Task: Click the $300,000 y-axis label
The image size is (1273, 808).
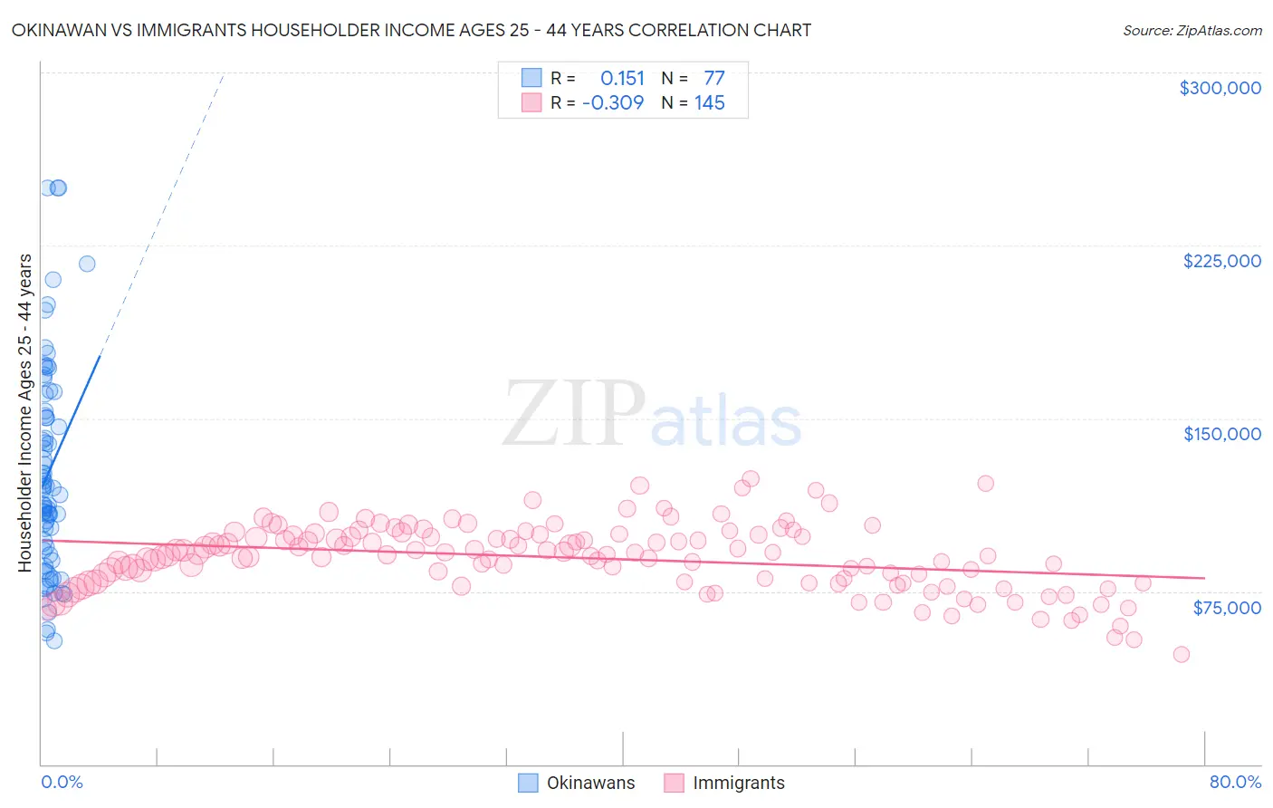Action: point(1220,88)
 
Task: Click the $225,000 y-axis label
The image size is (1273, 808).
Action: point(1221,261)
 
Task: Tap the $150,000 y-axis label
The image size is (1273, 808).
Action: point(1221,434)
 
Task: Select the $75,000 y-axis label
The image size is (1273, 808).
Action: point(1226,608)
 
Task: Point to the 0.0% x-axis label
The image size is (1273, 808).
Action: point(62,782)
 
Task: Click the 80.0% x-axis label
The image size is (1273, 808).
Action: point(1235,782)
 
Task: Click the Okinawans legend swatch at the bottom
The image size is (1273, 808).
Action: point(528,783)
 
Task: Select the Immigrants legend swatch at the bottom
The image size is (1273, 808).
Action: point(674,783)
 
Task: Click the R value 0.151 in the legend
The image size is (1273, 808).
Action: point(622,79)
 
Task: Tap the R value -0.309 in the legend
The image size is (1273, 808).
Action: point(613,103)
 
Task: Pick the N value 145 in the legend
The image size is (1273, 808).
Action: point(709,103)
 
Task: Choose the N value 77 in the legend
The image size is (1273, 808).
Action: point(713,79)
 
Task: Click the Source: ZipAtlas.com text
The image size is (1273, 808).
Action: point(1192,31)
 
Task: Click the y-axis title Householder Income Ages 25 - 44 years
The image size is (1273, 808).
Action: point(25,412)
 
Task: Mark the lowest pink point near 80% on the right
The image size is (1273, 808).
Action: point(1181,654)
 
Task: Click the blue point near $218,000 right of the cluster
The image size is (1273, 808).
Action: point(87,264)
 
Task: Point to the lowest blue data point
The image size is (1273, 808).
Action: point(54,640)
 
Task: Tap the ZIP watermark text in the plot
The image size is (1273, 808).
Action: point(573,414)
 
